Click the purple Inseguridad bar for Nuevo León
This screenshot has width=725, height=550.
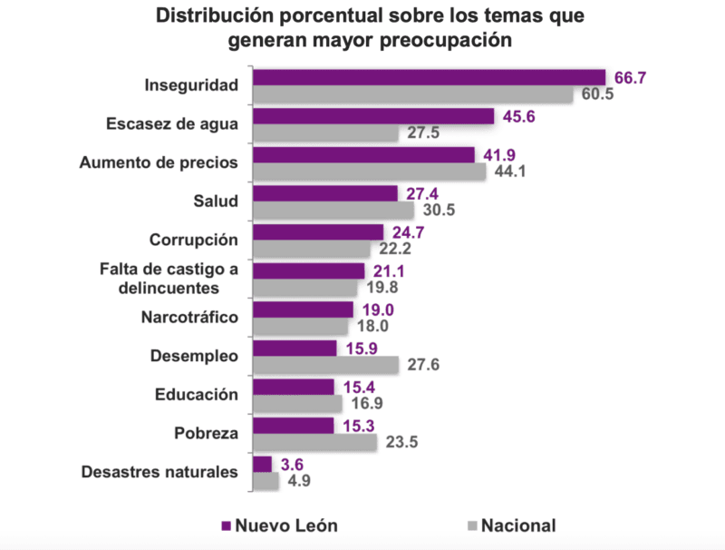[x=429, y=77]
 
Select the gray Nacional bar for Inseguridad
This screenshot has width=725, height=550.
[x=412, y=94]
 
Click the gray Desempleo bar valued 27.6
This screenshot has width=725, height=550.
[x=325, y=365]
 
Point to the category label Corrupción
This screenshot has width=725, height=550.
[x=193, y=240]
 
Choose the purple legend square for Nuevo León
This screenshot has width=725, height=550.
[x=226, y=525]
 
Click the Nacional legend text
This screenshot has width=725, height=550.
[x=518, y=525]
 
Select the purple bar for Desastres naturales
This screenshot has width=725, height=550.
[x=262, y=464]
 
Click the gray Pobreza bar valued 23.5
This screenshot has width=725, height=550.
[x=314, y=442]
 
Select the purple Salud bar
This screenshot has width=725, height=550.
[x=325, y=193]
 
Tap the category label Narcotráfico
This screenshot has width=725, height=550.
[x=188, y=318]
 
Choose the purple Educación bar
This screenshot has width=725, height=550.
[x=294, y=387]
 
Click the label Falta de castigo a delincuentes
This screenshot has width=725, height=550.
[x=170, y=279]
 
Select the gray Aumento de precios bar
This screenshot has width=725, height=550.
[x=370, y=172]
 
